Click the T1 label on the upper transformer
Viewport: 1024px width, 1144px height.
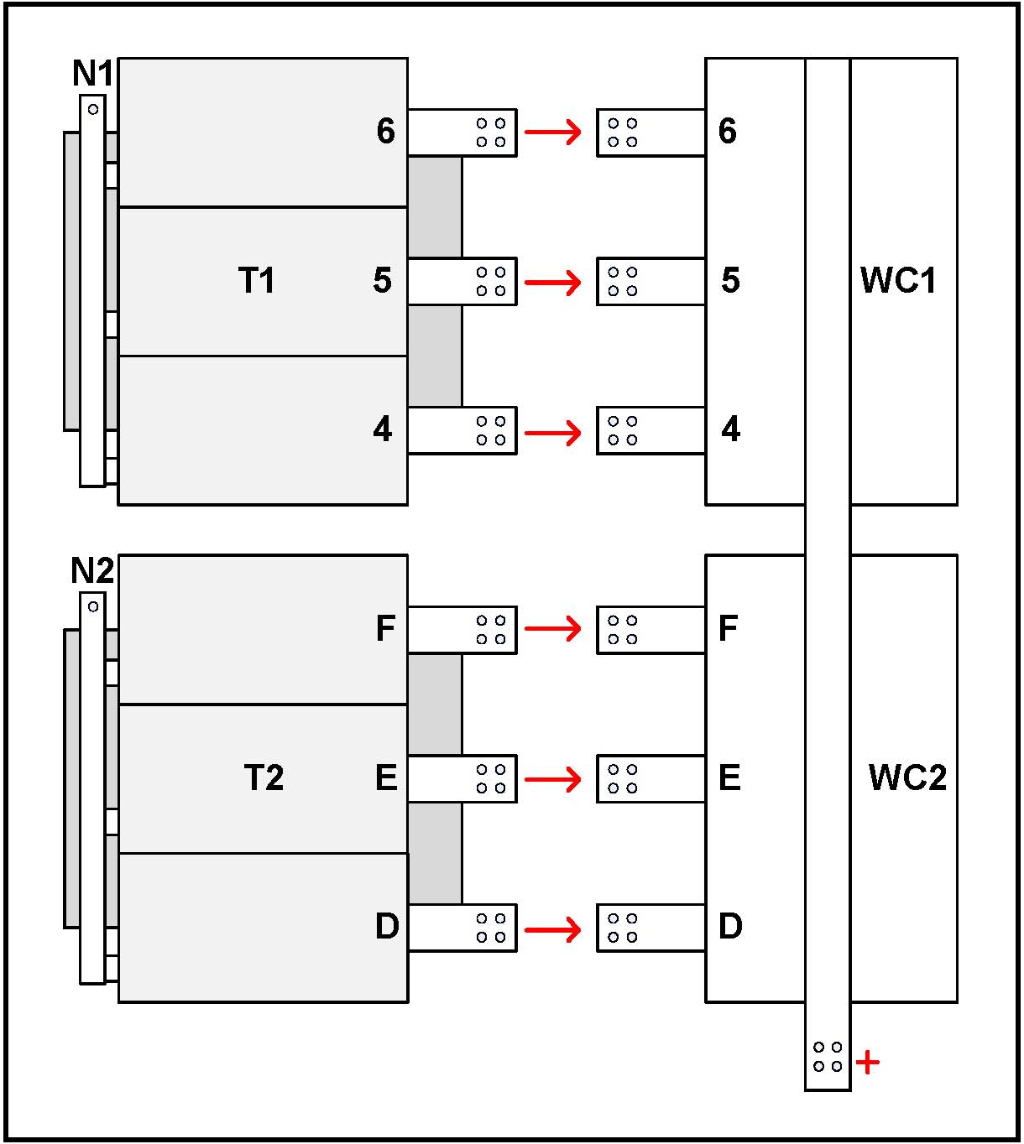(x=256, y=280)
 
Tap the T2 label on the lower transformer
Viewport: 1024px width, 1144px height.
(x=264, y=777)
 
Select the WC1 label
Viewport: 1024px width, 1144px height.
(x=898, y=280)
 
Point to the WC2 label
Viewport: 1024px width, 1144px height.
(x=907, y=777)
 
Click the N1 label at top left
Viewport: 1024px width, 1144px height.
(x=92, y=74)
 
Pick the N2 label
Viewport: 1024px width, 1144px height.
(x=91, y=571)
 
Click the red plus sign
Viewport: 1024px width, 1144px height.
(x=868, y=1063)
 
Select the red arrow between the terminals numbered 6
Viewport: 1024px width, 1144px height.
(x=553, y=132)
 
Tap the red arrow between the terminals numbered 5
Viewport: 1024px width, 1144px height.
(x=553, y=282)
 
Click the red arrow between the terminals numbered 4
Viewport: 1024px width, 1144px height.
(x=553, y=433)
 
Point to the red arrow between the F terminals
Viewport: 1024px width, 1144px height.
(x=553, y=628)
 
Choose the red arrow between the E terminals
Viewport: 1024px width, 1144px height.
(x=553, y=779)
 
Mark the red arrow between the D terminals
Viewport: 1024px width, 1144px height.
(x=553, y=929)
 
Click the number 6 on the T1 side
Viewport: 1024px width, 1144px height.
(x=385, y=131)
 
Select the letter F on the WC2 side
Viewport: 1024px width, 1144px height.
(x=728, y=628)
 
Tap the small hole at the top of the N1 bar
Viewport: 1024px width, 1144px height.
(x=93, y=109)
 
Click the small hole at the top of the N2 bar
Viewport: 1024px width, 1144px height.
(x=93, y=606)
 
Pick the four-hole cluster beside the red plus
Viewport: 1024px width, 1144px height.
(x=828, y=1057)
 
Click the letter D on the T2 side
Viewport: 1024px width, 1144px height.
(x=386, y=927)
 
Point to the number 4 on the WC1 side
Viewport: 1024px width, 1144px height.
(x=730, y=429)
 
